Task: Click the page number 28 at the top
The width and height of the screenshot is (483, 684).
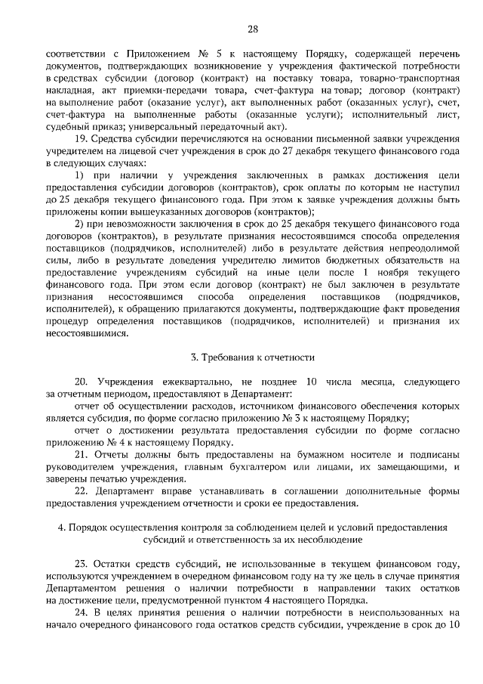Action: click(x=253, y=29)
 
